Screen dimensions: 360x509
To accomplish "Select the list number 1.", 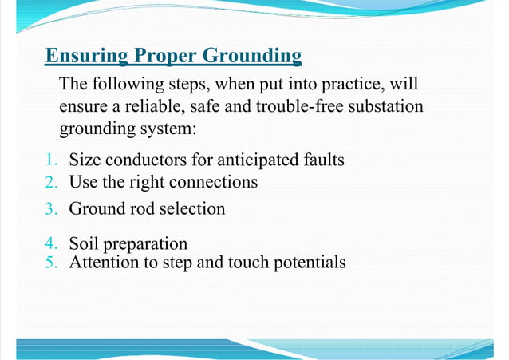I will point(51,160).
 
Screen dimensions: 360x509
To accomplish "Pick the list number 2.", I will point(51,183).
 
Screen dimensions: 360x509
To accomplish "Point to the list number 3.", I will point(51,209).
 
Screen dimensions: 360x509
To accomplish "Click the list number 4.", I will point(51,244).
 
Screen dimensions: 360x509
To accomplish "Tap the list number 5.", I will point(51,262).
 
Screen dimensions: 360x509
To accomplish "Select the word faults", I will point(321,160).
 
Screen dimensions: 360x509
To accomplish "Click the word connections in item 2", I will point(215,183).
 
